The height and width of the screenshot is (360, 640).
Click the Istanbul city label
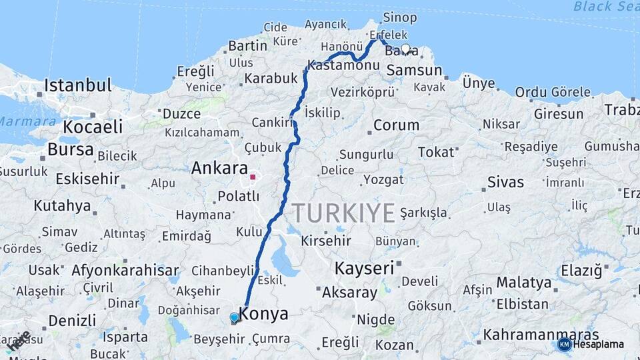[77, 85]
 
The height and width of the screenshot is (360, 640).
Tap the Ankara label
[219, 169]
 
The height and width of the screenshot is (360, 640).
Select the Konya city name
[264, 314]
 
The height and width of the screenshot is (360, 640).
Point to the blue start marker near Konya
[235, 318]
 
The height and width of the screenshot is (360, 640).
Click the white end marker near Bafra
[405, 49]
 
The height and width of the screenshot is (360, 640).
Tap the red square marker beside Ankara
[253, 177]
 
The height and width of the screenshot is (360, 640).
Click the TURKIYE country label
[344, 213]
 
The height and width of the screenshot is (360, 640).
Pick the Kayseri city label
[364, 268]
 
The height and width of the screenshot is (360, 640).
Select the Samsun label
[414, 70]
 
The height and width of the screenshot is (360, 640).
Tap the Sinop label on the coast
[400, 17]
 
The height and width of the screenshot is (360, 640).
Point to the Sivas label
[505, 182]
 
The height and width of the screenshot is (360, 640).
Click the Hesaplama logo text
[598, 345]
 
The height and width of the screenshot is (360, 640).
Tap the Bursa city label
[70, 149]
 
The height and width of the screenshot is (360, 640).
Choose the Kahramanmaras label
[541, 335]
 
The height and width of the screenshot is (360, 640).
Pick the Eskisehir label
[87, 179]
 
